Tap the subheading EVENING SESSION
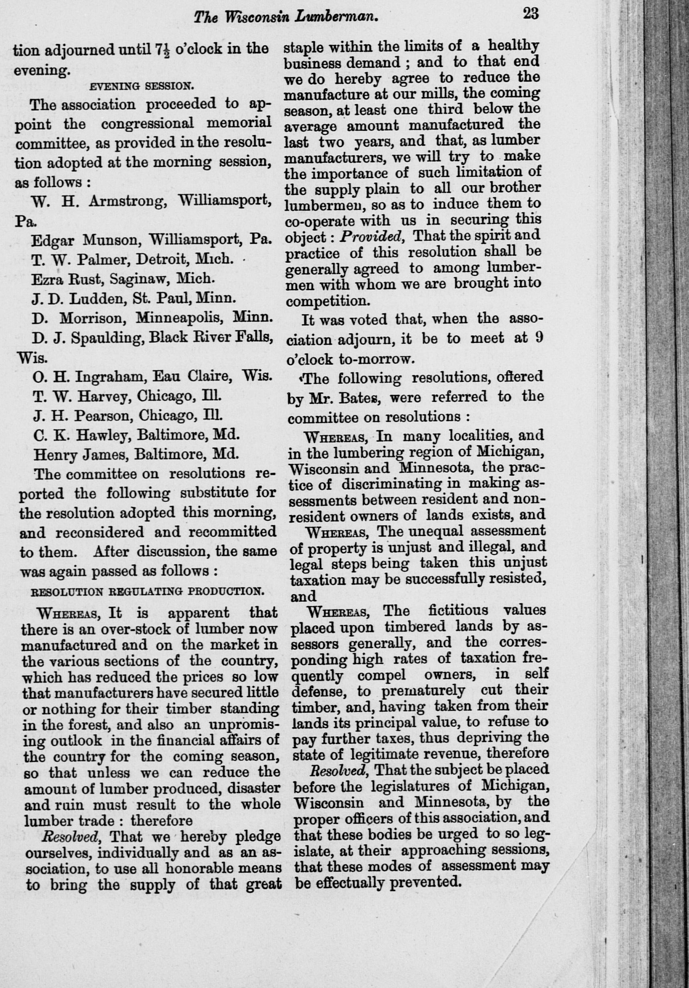[x=142, y=86]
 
